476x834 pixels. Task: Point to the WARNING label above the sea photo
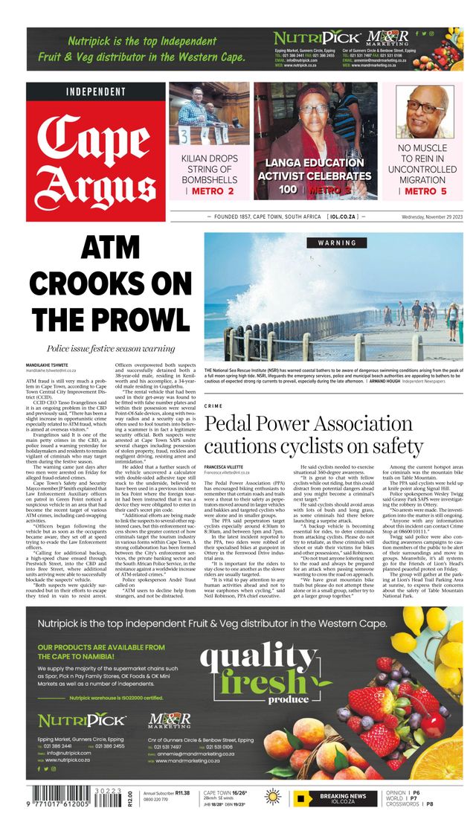(x=337, y=243)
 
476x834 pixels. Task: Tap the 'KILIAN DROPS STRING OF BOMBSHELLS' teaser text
(x=209, y=170)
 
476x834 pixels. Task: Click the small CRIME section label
(x=213, y=405)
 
